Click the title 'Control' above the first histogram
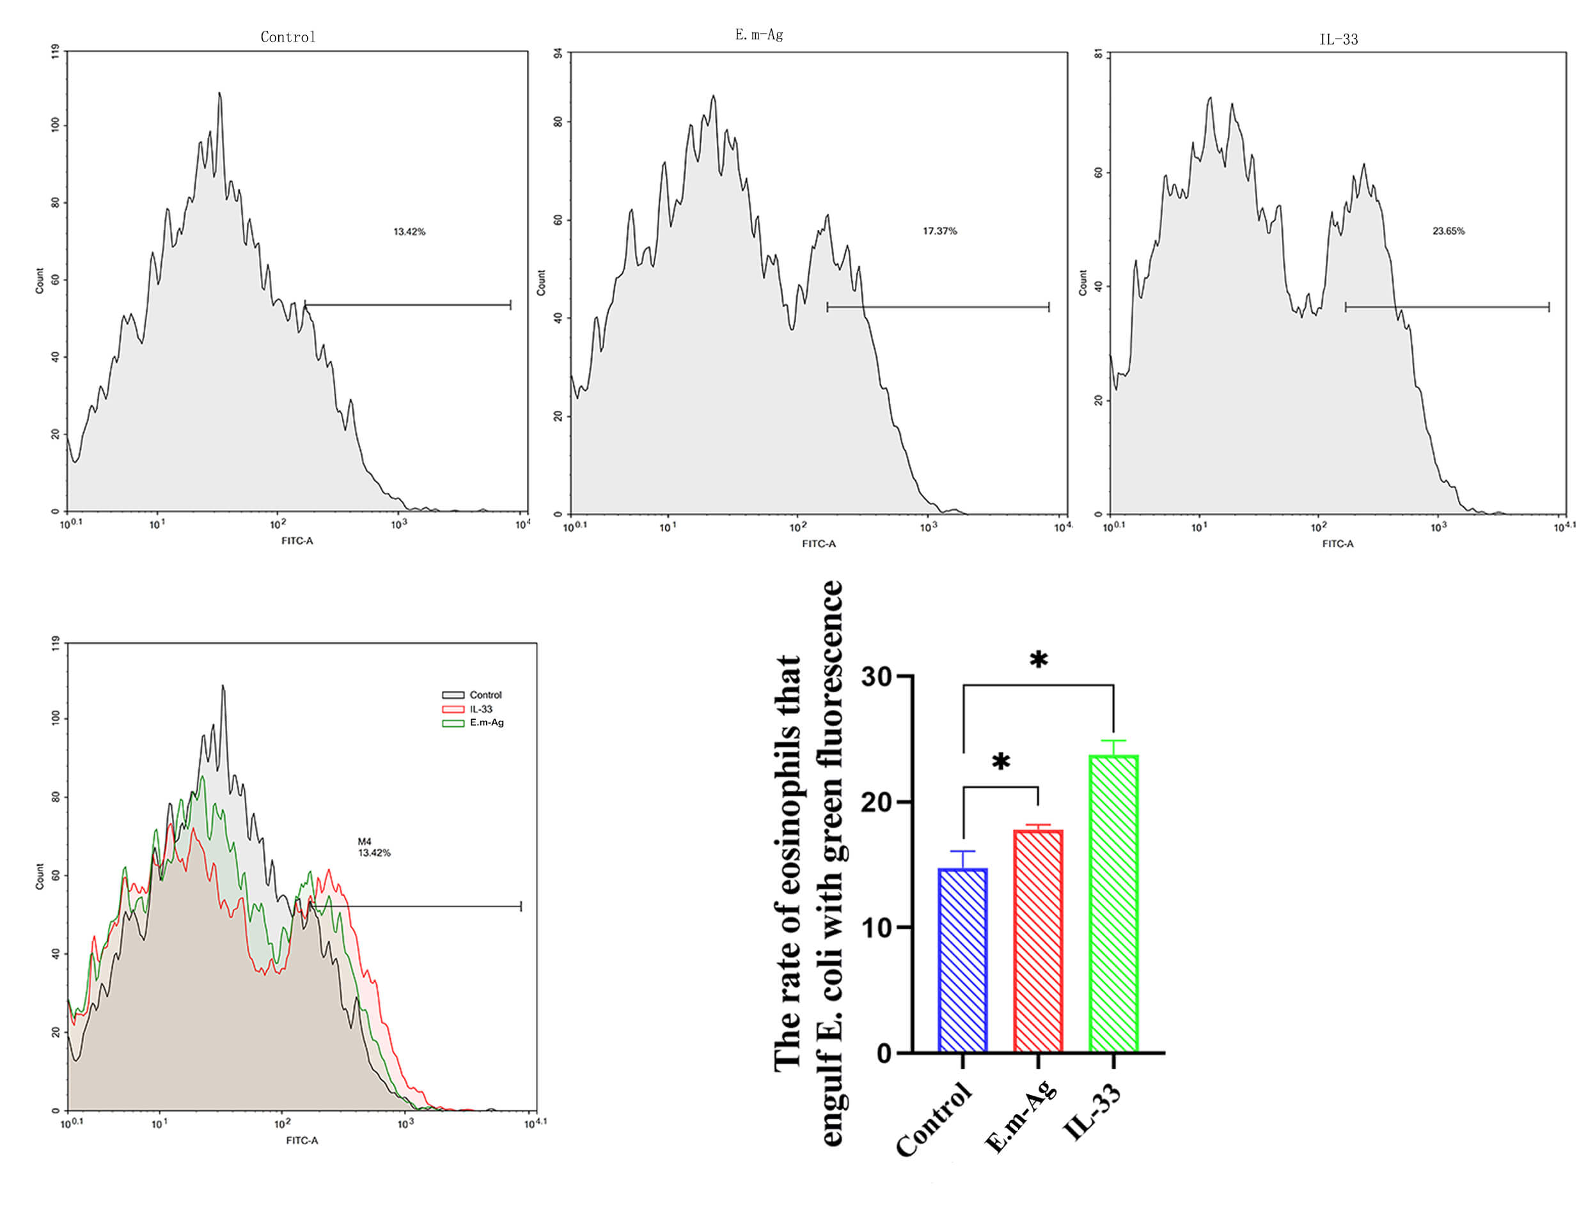(287, 37)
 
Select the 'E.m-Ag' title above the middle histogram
(758, 35)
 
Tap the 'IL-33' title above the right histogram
(1338, 39)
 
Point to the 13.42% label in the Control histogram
(409, 231)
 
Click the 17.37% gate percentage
(939, 231)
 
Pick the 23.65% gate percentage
(1447, 231)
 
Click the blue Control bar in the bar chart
(962, 958)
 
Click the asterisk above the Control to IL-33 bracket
(1039, 660)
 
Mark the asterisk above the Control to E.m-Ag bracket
(1001, 762)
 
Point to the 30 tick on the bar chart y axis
(876, 676)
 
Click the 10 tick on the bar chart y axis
(876, 928)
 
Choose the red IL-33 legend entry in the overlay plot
(480, 709)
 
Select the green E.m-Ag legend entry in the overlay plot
(485, 723)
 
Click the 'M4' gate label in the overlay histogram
(365, 841)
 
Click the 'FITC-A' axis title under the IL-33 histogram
(1337, 543)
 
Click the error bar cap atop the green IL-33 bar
(1113, 740)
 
